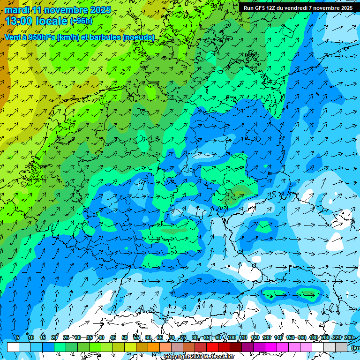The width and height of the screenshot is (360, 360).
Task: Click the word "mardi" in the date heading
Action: pyautogui.click(x=17, y=10)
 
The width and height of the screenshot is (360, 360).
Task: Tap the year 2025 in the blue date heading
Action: pyautogui.click(x=99, y=10)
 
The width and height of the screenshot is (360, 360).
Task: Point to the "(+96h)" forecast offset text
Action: pyautogui.click(x=81, y=21)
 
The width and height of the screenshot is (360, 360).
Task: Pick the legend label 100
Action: pyautogui.click(x=232, y=337)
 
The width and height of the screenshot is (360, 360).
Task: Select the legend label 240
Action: pyautogui.click(x=349, y=337)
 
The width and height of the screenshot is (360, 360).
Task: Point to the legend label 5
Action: pyautogui.click(x=18, y=337)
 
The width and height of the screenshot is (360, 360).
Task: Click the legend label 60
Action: pyautogui.click(x=148, y=337)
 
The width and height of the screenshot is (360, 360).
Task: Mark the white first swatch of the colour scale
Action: pyautogui.click(x=13, y=347)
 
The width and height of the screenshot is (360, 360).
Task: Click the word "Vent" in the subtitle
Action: pyautogui.click(x=13, y=37)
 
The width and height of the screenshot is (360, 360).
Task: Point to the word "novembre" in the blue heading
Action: pyautogui.click(x=66, y=10)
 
